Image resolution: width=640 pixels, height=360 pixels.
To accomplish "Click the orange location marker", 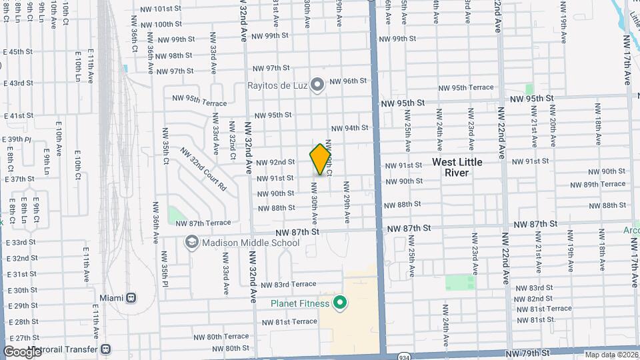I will click(321, 159).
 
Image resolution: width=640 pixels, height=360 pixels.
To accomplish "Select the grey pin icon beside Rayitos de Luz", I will click(317, 85).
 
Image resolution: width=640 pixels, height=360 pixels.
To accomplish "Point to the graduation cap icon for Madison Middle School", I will click(192, 242).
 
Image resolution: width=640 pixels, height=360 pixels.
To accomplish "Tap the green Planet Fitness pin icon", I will click(340, 304).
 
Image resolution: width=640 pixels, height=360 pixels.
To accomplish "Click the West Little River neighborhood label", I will click(457, 167).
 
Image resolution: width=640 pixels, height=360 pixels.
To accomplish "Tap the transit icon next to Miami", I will click(131, 297).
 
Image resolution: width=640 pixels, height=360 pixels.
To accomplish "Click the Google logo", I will click(22, 351).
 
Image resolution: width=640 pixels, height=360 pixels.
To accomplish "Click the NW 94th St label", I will click(349, 128).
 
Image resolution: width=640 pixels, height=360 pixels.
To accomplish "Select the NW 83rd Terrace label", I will click(288, 285).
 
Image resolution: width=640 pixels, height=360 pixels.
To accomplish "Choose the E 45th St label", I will click(18, 52).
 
